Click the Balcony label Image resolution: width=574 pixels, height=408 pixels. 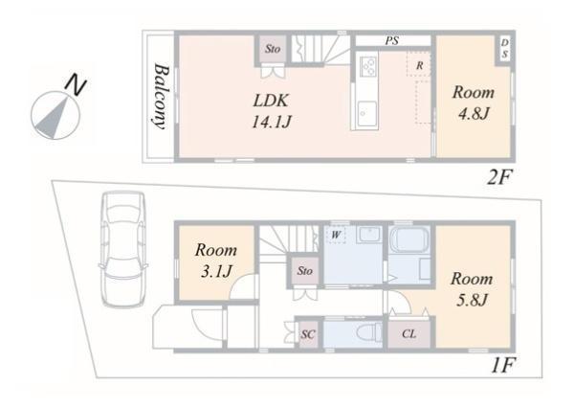[x=161, y=97]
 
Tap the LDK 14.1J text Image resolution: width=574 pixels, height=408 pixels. [x=272, y=111]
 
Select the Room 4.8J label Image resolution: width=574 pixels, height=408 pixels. [x=474, y=102]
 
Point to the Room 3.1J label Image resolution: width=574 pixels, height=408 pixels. [x=216, y=261]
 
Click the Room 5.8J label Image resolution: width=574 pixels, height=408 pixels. [x=472, y=289]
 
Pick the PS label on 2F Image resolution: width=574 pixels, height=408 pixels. [x=391, y=40]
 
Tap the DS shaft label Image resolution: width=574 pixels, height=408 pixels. [x=504, y=49]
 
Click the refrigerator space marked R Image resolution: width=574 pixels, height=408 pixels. [x=419, y=65]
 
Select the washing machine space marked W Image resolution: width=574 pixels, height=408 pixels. [x=336, y=235]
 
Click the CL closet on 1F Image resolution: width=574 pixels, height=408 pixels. [x=408, y=333]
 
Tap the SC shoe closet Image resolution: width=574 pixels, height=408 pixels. [x=308, y=334]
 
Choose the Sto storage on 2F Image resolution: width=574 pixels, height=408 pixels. [x=273, y=49]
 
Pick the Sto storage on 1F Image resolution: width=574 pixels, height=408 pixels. [x=304, y=271]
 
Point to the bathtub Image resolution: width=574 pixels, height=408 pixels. [x=408, y=239]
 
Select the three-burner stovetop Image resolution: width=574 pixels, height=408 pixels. [x=368, y=67]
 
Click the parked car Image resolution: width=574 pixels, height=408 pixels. [x=123, y=250]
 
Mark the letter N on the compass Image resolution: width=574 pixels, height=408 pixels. [x=75, y=86]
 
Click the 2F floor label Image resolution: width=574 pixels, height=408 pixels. [x=499, y=177]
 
